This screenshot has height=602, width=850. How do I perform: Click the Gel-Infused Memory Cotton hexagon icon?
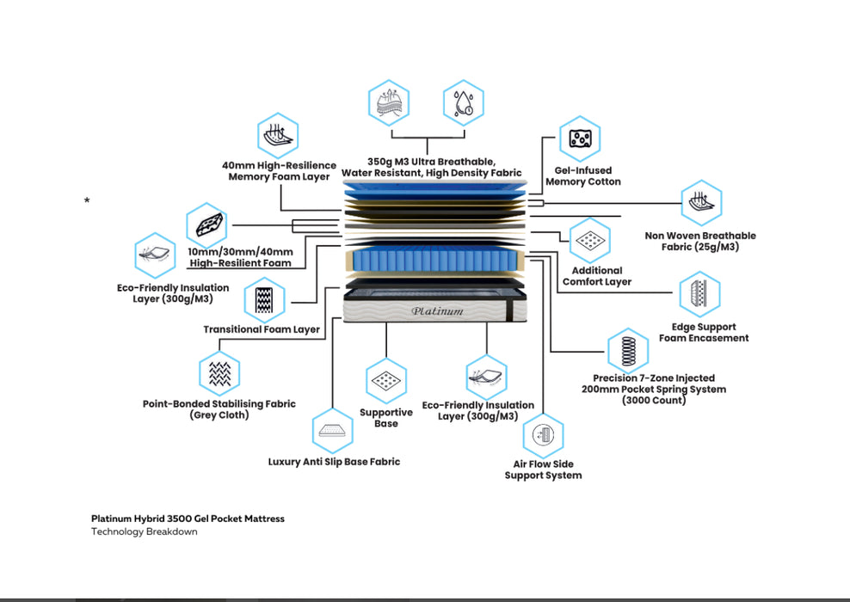click(579, 139)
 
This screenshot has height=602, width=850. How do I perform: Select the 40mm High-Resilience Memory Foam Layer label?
click(279, 170)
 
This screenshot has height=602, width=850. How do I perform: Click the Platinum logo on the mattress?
click(437, 310)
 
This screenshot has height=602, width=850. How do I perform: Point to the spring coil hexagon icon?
click(629, 349)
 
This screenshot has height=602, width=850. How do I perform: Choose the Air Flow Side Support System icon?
click(543, 435)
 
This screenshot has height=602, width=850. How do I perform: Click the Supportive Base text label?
click(386, 418)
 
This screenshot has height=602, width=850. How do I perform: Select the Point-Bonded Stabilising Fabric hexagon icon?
click(219, 373)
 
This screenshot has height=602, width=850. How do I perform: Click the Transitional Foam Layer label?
click(262, 329)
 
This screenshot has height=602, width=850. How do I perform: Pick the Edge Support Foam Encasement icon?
click(699, 295)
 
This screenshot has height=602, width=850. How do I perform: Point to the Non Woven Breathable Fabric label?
click(700, 242)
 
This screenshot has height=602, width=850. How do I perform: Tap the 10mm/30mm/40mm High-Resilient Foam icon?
click(206, 225)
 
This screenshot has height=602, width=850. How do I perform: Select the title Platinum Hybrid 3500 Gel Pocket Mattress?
click(188, 519)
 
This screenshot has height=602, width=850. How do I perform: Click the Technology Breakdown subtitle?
click(144, 531)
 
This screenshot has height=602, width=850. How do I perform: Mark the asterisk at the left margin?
click(87, 201)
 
